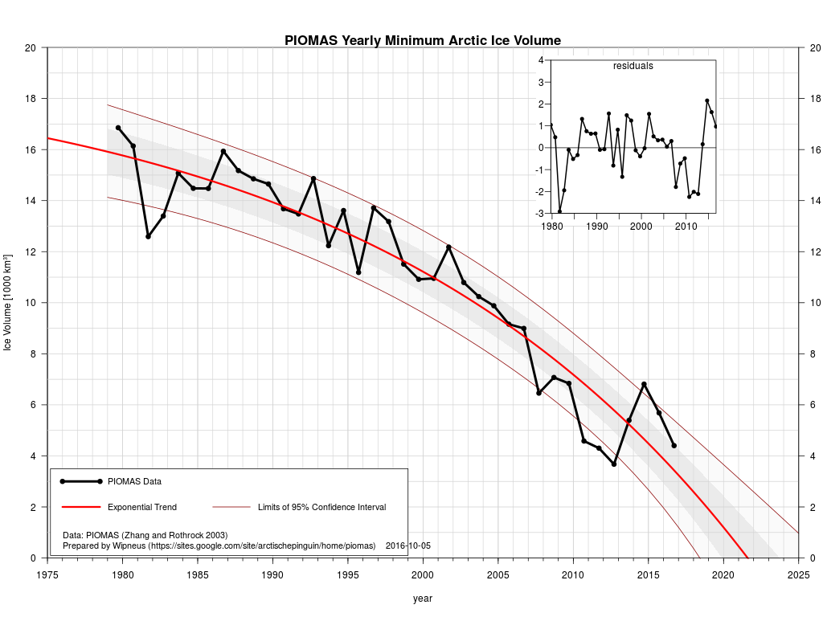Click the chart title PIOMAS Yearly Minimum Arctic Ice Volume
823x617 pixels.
pos(423,40)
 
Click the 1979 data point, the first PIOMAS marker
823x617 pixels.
pos(118,128)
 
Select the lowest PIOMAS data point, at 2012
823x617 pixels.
pos(614,464)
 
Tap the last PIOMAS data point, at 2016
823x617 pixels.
pos(674,445)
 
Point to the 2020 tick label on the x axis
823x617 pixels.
pos(723,574)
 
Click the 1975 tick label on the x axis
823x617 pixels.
pos(47,574)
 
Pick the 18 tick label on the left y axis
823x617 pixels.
pos(31,99)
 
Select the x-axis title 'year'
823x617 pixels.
pos(423,599)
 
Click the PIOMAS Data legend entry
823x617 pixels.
pos(134,482)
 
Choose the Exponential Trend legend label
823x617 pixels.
pos(142,508)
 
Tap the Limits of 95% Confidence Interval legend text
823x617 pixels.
pos(321,508)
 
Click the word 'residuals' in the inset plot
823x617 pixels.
pos(633,66)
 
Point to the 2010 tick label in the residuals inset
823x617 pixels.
pos(686,227)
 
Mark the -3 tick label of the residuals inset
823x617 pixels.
pos(540,214)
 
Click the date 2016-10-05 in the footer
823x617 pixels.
pos(408,545)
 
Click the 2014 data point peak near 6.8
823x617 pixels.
pos(644,384)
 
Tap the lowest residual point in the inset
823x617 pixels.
pos(559,211)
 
